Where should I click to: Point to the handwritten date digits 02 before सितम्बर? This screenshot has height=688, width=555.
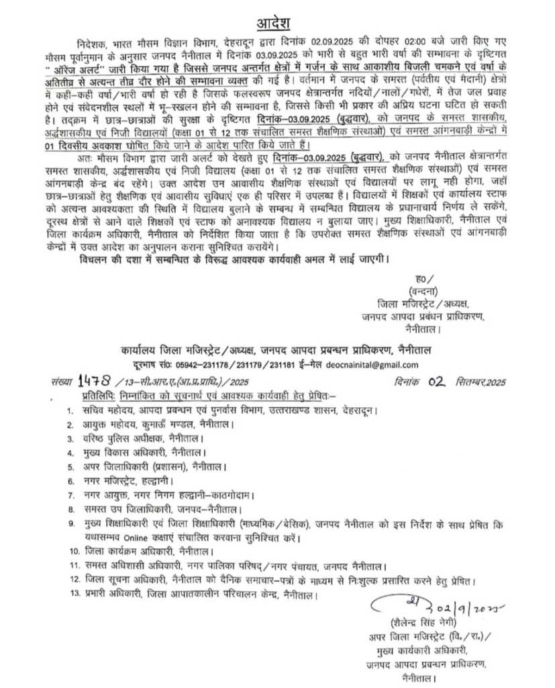(438, 381)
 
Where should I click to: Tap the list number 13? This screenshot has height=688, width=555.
(74, 595)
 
